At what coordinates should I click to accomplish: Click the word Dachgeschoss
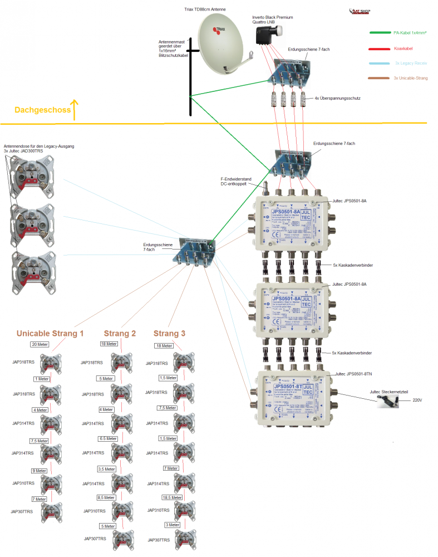point(43,110)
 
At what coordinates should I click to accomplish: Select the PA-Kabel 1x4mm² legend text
point(410,33)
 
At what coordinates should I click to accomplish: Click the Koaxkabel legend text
point(403,49)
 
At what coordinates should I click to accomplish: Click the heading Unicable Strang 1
point(50,334)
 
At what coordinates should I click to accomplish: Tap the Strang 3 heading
point(169,333)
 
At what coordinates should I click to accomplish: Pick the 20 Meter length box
point(40,345)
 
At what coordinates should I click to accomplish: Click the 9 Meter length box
point(38,471)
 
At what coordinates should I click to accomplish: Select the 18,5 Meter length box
point(172,497)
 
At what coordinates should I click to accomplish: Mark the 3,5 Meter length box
point(106,469)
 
